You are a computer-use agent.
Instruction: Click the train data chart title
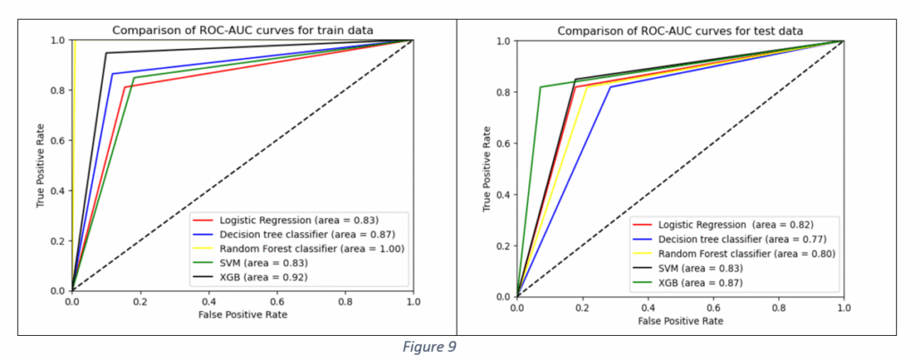242,30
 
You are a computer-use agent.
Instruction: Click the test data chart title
680,31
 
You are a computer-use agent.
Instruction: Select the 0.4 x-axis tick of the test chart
647,306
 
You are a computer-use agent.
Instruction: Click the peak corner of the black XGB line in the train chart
105,53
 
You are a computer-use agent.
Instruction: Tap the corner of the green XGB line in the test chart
541,87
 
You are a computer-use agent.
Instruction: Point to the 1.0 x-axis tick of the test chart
844,306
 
